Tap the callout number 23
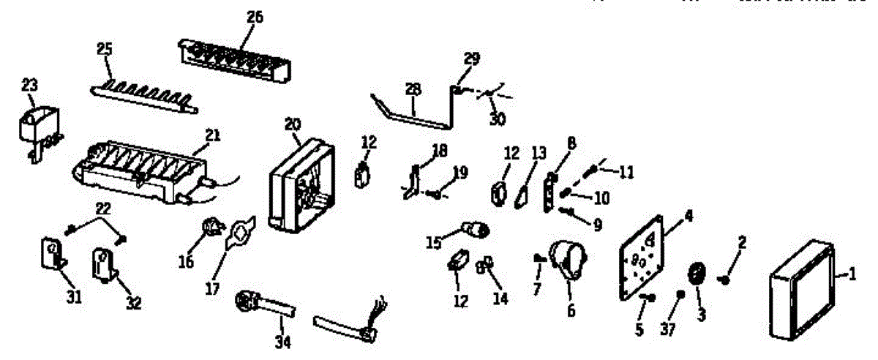click(x=29, y=86)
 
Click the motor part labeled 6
click(x=568, y=260)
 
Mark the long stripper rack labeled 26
click(x=234, y=57)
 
